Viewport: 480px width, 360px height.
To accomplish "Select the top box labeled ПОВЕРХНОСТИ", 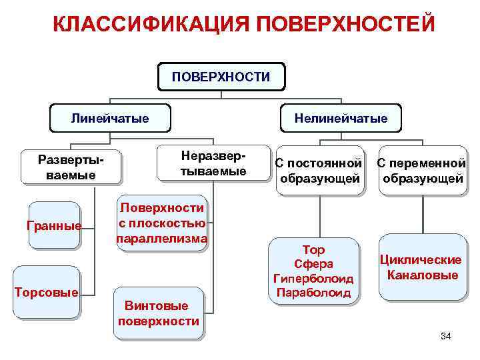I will [221, 77].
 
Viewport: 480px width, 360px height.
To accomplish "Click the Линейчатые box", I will [110, 119].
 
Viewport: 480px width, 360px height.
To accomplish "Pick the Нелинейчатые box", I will [342, 119].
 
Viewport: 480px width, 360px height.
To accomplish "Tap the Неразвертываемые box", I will [213, 163].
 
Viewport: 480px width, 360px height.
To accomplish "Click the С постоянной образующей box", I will [319, 171].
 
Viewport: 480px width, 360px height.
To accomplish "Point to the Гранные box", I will [54, 225].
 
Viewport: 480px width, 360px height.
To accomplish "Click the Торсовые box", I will [47, 293].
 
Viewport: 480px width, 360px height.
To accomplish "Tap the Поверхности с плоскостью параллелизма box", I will [161, 223].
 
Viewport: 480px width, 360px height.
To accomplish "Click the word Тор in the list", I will [313, 251].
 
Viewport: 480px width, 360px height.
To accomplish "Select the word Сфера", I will [313, 264].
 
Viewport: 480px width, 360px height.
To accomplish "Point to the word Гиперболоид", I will [313, 278].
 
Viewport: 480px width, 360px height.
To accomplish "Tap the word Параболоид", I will [313, 292].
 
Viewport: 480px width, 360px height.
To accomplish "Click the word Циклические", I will [421, 260].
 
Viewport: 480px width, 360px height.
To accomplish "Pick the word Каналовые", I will [421, 275].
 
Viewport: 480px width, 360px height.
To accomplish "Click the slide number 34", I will [445, 336].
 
